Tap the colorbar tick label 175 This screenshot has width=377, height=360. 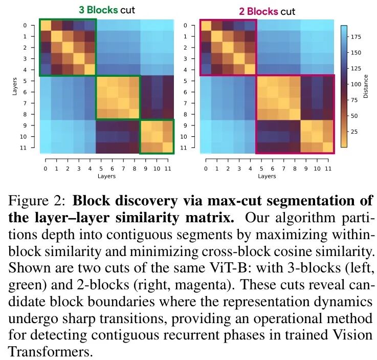pyautogui.click(x=358, y=36)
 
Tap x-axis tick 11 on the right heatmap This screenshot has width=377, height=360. pyautogui.click(x=328, y=168)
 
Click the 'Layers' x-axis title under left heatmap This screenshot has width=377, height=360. pyautogui.click(x=106, y=176)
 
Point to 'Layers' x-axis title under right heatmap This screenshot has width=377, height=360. pyautogui.click(x=267, y=176)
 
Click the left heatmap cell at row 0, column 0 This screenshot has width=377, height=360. pyautogui.click(x=46, y=25)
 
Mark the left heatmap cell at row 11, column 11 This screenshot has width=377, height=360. pyautogui.click(x=168, y=147)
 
